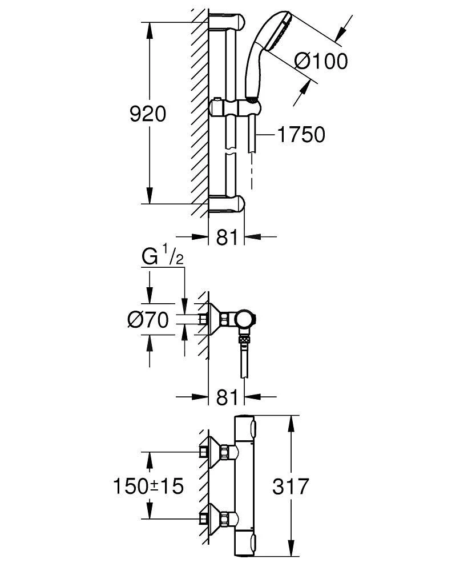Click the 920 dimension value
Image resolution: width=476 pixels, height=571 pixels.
click(x=148, y=114)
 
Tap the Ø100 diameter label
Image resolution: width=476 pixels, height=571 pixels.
click(x=321, y=61)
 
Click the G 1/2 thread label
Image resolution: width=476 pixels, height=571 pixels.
click(x=162, y=258)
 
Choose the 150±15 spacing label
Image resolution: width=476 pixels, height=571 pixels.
click(x=148, y=486)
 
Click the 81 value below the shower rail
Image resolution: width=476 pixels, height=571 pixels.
click(x=227, y=237)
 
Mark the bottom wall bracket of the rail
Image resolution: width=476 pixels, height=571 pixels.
click(x=227, y=204)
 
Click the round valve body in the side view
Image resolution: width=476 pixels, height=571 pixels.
click(x=246, y=320)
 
